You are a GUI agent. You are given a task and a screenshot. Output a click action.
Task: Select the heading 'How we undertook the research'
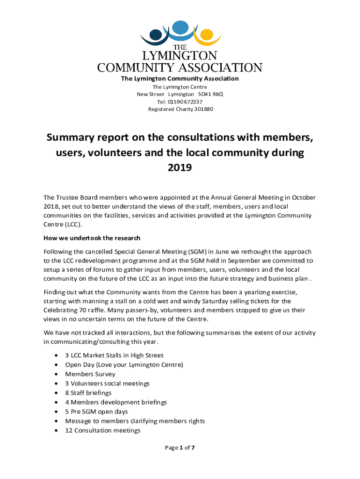click(x=92, y=238)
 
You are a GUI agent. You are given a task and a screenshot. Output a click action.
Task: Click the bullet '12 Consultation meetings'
click(x=103, y=430)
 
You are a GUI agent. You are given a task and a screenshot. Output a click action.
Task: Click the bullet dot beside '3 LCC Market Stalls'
click(x=57, y=356)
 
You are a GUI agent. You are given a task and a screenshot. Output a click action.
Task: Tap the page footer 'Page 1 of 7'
click(x=180, y=448)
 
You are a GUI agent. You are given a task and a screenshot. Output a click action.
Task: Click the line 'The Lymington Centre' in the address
click(x=180, y=87)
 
